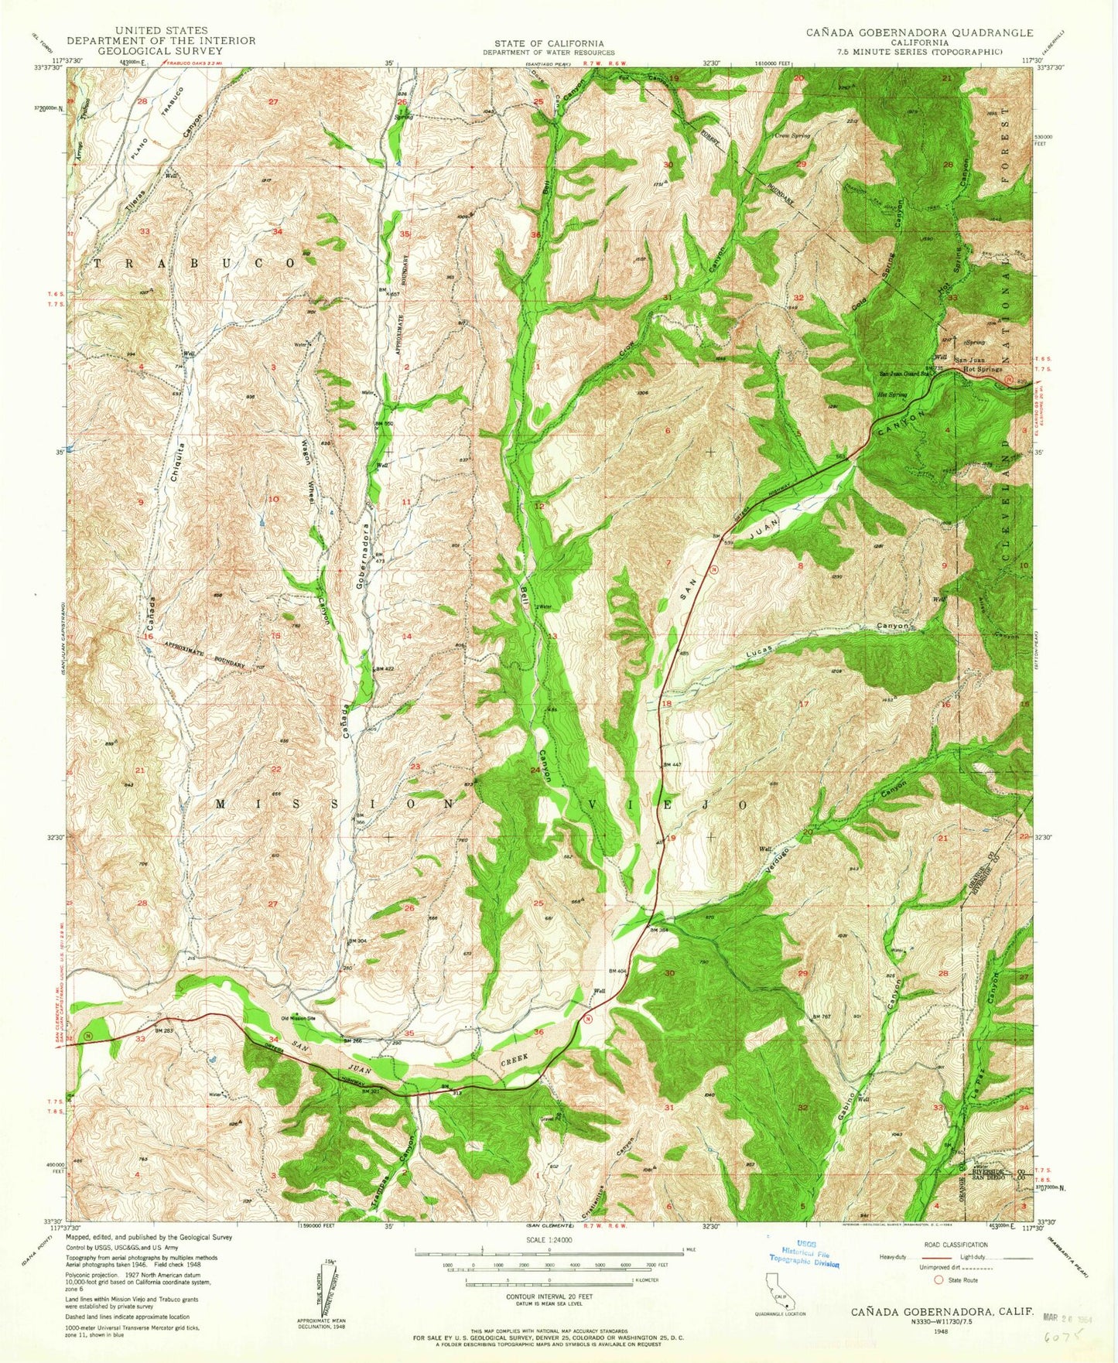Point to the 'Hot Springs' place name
click(982, 371)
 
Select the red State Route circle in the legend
click(938, 1280)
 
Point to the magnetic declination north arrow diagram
click(325, 1287)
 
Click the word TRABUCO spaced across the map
click(193, 263)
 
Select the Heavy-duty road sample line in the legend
click(921, 1257)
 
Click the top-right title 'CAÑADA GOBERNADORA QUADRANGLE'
click(919, 32)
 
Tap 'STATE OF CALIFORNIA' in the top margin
click(549, 44)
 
